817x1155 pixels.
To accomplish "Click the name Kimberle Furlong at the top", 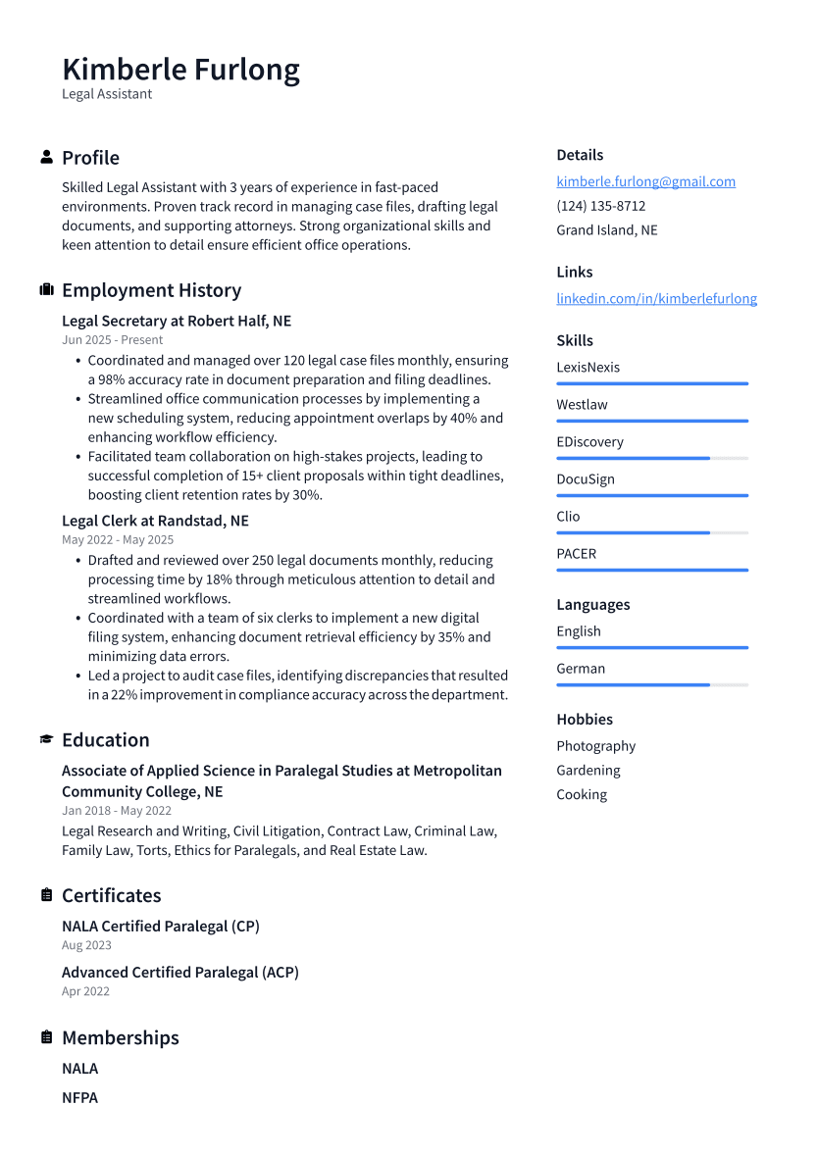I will click(180, 70).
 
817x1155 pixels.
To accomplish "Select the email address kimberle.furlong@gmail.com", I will click(645, 181).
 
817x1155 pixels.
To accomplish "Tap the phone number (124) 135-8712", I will click(600, 206).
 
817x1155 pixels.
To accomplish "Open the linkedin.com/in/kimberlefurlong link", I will click(656, 298).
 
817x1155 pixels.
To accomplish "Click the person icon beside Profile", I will click(46, 157).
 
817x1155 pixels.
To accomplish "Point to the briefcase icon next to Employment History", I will click(46, 290).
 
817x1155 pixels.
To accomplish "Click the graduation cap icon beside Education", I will click(46, 739).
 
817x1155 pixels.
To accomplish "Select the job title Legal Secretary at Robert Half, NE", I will click(177, 321).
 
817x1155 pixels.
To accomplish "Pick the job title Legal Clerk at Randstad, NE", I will click(155, 521).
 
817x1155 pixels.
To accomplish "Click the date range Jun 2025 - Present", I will click(112, 340).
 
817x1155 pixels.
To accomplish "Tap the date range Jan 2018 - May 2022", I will click(117, 811).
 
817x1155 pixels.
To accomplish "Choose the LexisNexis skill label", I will click(587, 368).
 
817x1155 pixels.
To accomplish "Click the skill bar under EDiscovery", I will click(651, 458).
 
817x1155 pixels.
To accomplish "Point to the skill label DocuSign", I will click(586, 479).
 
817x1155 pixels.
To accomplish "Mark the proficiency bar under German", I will click(651, 684).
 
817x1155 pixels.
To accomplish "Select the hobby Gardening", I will click(588, 771).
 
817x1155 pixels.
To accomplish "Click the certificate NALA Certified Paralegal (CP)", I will click(161, 926).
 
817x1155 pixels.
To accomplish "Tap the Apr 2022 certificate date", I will click(85, 991).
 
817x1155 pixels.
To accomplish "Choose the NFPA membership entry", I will click(79, 1097).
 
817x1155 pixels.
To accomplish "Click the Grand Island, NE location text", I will click(607, 230).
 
